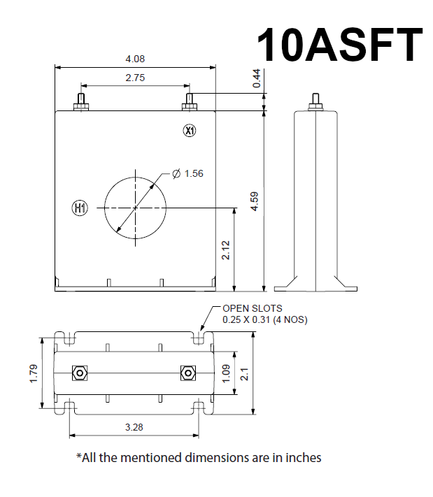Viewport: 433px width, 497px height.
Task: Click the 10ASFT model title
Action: (339, 45)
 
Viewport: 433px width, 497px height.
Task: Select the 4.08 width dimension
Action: (135, 59)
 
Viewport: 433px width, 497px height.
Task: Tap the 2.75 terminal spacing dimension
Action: (135, 78)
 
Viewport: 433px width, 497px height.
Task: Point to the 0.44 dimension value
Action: (257, 79)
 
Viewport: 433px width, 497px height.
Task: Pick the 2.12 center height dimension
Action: (226, 250)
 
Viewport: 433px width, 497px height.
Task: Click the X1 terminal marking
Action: (190, 130)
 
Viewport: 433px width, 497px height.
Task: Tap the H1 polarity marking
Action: (80, 208)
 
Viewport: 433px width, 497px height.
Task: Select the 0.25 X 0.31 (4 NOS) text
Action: (265, 319)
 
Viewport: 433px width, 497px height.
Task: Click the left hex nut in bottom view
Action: (80, 373)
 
